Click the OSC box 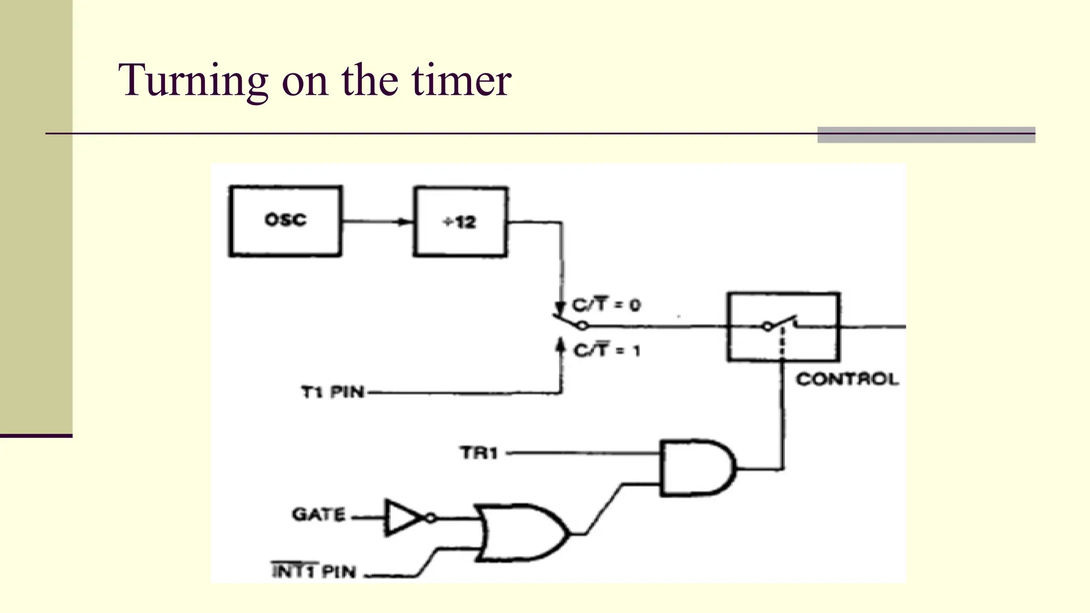285,221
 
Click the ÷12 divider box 460,222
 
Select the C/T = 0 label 606,305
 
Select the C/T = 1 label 607,350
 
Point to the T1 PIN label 333,392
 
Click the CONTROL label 847,379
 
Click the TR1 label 478,453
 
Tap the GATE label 319,514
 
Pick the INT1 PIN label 313,571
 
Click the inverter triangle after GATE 402,517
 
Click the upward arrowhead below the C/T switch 560,345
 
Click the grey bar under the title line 926,135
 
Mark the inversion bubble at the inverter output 431,517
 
